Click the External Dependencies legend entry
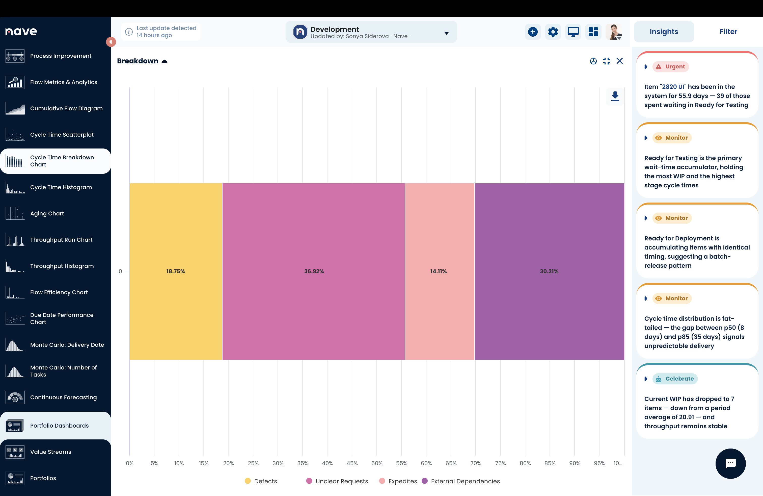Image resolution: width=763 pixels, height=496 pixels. pyautogui.click(x=461, y=481)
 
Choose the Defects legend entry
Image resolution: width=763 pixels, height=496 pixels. pyautogui.click(x=261, y=481)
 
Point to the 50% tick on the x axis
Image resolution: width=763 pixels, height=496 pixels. pyautogui.click(x=377, y=463)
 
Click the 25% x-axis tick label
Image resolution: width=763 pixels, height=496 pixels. pyautogui.click(x=253, y=463)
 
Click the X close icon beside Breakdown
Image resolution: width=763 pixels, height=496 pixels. pyautogui.click(x=620, y=61)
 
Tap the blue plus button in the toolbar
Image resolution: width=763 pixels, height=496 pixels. pyautogui.click(x=533, y=32)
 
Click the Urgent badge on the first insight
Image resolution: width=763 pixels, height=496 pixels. pyautogui.click(x=671, y=67)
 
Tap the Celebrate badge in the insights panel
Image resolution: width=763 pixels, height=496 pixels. pyautogui.click(x=675, y=379)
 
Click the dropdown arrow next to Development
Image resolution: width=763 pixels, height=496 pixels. pyautogui.click(x=447, y=33)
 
